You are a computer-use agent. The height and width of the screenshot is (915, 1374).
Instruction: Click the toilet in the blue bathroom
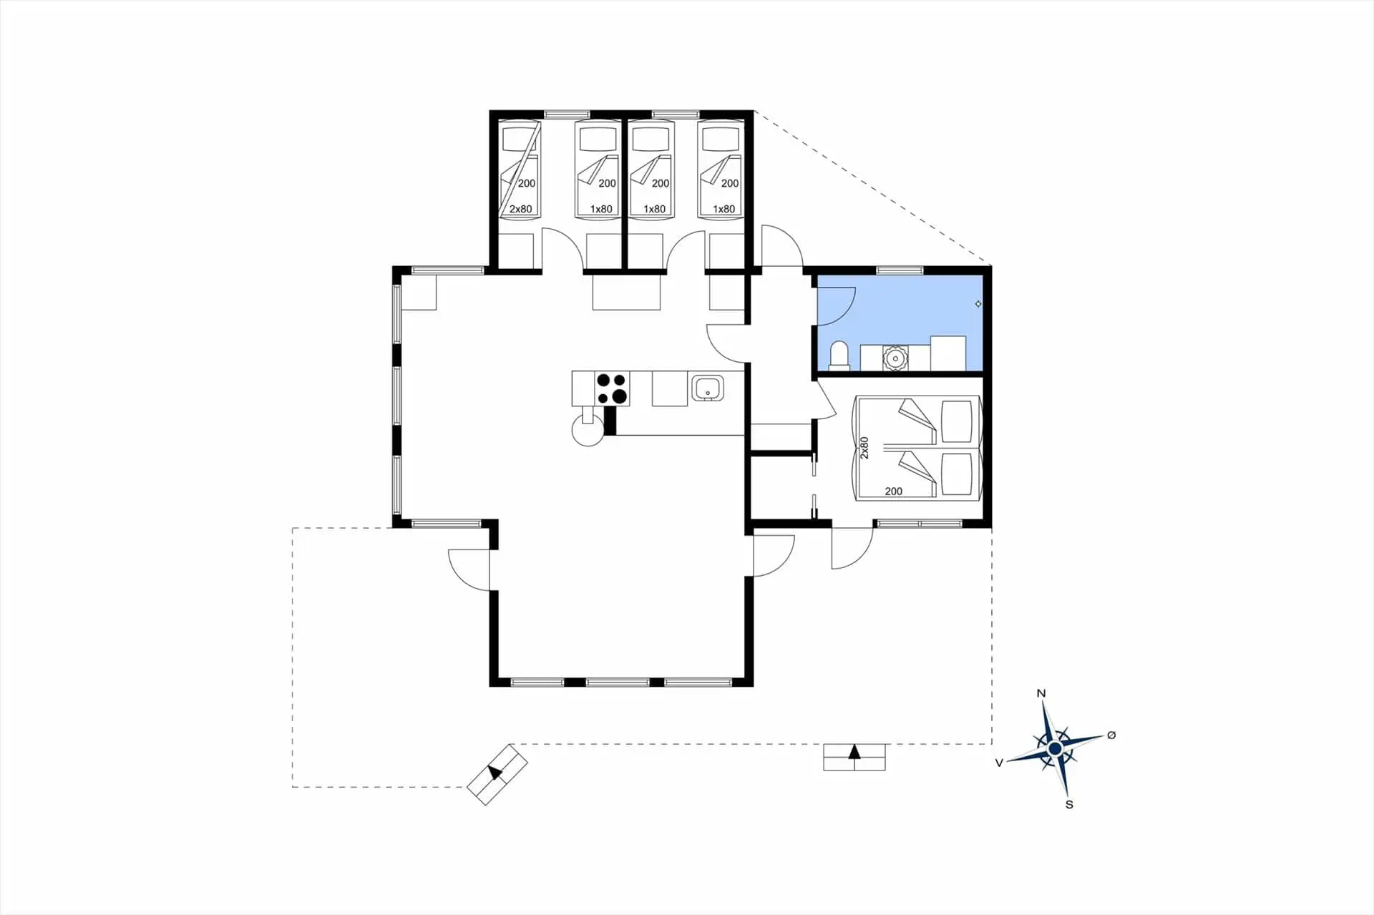839,356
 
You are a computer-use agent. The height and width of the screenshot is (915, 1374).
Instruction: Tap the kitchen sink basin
707,388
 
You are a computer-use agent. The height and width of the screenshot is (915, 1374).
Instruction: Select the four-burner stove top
612,388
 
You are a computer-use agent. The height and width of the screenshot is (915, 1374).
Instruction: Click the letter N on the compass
1041,693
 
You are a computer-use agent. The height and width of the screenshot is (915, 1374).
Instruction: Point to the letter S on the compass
1069,804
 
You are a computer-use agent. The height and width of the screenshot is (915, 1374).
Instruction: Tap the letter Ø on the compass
1111,735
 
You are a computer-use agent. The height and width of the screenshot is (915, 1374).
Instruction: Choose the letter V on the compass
999,763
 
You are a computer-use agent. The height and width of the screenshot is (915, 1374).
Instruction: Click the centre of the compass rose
1055,748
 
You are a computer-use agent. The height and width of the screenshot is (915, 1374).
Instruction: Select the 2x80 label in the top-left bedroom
520,209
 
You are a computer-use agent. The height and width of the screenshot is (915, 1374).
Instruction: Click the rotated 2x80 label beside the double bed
864,448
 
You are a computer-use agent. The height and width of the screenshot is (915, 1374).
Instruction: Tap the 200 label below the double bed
893,491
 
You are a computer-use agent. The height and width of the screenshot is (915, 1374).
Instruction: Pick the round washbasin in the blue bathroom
895,358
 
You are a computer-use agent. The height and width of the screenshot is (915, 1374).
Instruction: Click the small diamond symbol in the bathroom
978,304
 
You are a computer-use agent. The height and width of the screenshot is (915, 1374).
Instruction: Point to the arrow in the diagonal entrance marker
495,773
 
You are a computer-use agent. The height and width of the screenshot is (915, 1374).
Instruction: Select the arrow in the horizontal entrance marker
854,752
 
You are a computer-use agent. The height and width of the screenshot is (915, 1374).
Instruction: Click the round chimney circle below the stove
588,431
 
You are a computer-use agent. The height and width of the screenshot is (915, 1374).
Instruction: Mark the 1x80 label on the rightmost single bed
723,209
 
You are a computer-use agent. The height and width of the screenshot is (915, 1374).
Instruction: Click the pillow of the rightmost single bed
720,139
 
